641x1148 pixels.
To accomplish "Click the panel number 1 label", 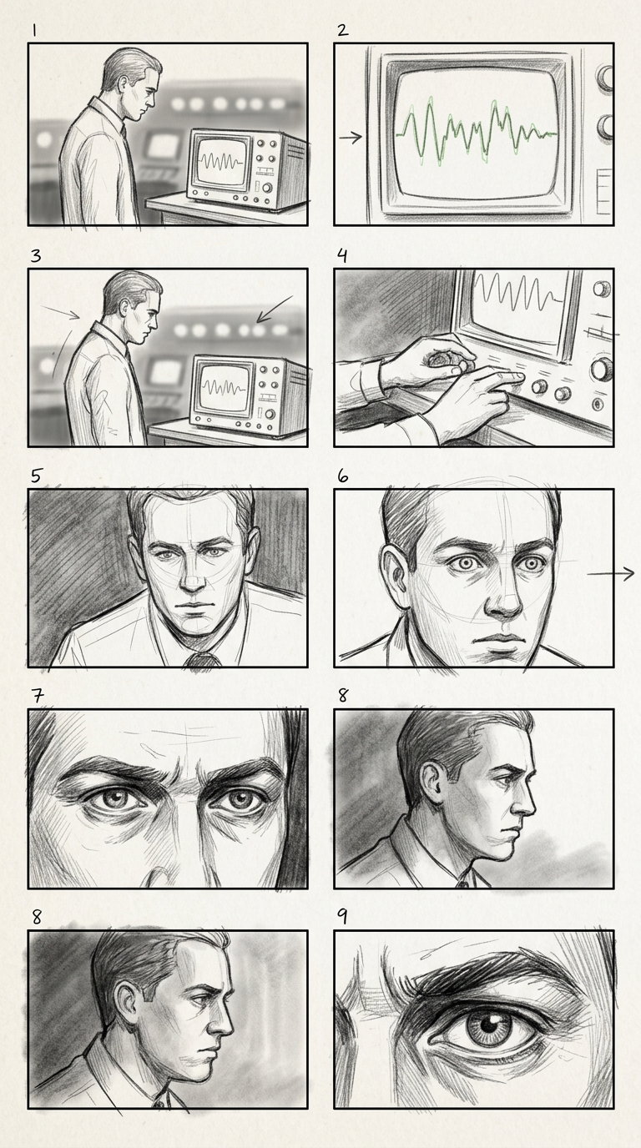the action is (34, 31).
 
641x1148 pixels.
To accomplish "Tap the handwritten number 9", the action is (342, 917).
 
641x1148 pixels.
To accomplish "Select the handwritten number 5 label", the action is (36, 476).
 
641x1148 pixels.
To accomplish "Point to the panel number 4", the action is (342, 255).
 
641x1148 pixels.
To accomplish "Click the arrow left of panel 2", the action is (351, 138).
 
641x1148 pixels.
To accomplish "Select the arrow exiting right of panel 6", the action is (610, 574).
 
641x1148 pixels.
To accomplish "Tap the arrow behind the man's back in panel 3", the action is (60, 311).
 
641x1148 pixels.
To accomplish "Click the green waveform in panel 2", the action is (477, 132).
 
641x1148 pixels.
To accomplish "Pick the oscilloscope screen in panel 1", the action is (221, 161).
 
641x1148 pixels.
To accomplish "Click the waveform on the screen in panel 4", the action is (518, 290).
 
